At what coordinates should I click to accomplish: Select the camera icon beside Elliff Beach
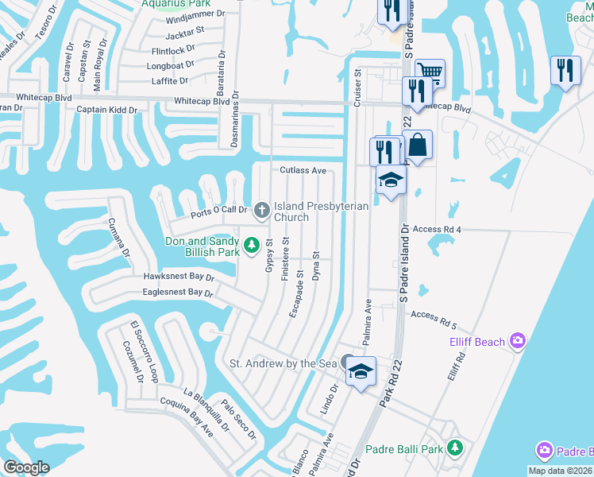[x=519, y=341]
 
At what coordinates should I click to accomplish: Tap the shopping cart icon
[x=430, y=72]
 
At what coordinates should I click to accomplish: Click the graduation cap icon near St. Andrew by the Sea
[x=361, y=371]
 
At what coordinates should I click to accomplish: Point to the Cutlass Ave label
[x=303, y=171]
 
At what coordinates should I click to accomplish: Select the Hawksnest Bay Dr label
[x=179, y=277]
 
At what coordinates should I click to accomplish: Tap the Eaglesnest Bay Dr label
[x=178, y=293]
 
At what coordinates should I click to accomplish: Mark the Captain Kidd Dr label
[x=107, y=110]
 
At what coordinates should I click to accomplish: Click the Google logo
[x=26, y=467]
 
